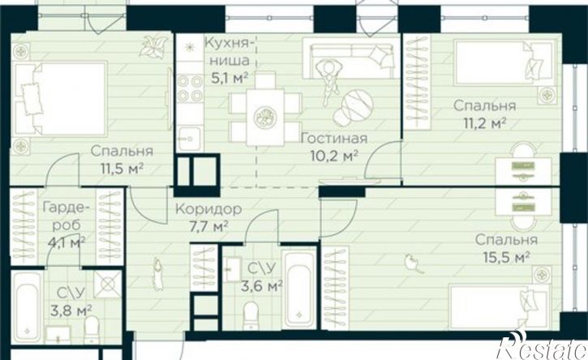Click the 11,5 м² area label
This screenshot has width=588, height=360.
click(122, 169)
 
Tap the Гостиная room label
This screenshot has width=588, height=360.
click(334, 139)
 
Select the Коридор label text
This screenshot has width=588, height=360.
click(208, 209)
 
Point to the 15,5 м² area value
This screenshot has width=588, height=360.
click(507, 257)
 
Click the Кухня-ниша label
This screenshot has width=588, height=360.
click(227, 52)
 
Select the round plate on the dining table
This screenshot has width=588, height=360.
click(265, 118)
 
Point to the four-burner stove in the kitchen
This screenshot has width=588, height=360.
click(190, 88)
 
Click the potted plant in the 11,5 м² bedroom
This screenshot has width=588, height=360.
click(153, 46)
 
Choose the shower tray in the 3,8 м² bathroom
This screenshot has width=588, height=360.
click(108, 284)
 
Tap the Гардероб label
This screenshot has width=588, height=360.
click(66, 216)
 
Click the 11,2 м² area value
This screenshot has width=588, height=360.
click(484, 122)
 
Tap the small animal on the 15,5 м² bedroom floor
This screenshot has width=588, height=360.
click(414, 264)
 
